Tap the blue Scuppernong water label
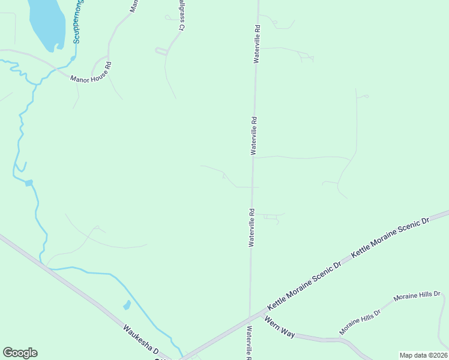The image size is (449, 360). (79, 22)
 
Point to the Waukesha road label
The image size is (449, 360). (140, 340)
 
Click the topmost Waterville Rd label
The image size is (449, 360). (256, 44)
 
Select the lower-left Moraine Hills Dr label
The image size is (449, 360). (360, 322)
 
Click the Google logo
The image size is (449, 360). (20, 353)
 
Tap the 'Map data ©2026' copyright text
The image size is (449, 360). (423, 355)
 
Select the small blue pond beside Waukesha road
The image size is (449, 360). (127, 305)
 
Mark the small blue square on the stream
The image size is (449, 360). (29, 182)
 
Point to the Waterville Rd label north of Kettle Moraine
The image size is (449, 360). (253, 227)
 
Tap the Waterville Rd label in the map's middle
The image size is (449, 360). (254, 136)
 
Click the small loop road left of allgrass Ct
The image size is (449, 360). (161, 52)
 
